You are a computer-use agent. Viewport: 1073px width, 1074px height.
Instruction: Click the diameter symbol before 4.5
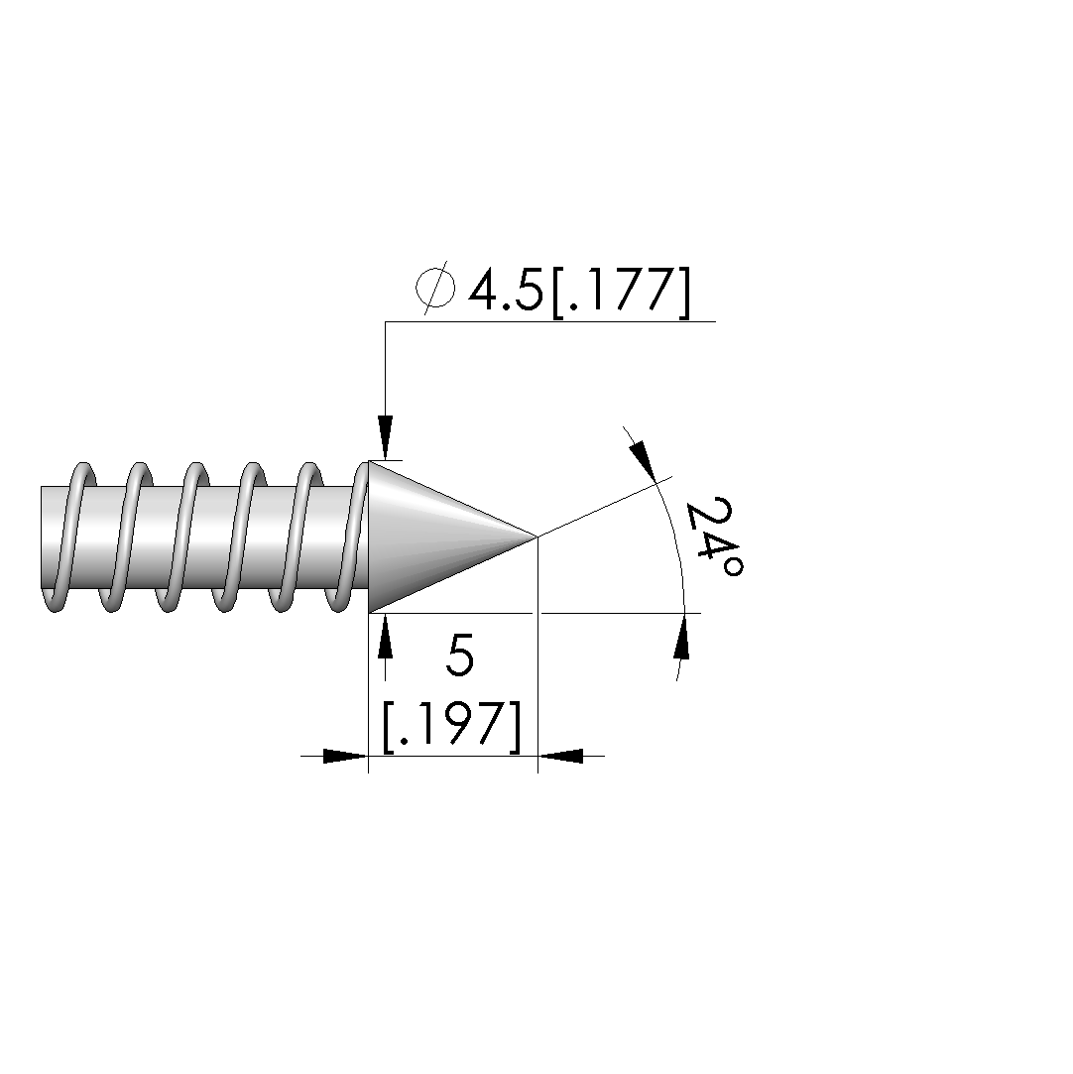point(434,288)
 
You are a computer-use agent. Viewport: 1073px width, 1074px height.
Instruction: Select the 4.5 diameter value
point(506,289)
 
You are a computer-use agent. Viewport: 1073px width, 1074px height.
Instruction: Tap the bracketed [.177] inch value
point(619,291)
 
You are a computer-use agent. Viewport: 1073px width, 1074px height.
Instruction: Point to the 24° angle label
point(714,537)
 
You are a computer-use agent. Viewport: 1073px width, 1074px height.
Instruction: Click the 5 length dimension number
point(459,656)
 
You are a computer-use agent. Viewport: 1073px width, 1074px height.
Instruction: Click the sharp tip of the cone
point(536,537)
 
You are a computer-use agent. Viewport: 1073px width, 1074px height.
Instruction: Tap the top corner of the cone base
point(370,461)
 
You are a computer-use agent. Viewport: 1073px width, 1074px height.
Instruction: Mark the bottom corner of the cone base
point(370,612)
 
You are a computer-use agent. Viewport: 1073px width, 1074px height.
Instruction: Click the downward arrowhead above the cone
point(386,437)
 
